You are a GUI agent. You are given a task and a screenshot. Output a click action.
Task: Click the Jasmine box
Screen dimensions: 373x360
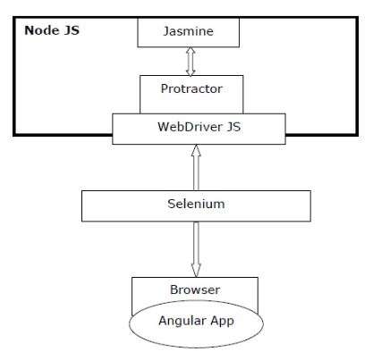pos(188,32)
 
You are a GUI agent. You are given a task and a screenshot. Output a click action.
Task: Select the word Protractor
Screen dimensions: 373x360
pos(191,88)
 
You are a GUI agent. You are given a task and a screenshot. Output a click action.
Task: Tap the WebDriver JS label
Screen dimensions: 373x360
pos(199,127)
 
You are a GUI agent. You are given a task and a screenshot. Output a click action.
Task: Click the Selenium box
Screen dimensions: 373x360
pos(196,205)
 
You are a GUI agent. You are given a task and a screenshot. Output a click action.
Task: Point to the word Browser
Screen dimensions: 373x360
pos(195,289)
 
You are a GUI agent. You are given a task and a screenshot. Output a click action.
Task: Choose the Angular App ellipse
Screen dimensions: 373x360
pos(196,323)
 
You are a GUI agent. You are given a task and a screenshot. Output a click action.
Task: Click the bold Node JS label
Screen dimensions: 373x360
pos(52,30)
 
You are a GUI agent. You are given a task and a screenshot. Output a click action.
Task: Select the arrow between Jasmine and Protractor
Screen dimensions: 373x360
pos(191,62)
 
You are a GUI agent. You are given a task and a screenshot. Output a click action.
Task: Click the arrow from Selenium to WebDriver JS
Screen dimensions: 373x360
pos(196,168)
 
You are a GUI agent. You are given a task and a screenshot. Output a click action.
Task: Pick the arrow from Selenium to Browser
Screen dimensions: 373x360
pos(196,249)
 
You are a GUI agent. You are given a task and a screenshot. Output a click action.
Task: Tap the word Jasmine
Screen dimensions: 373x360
pos(189,31)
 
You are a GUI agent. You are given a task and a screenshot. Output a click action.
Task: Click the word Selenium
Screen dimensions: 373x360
pos(196,204)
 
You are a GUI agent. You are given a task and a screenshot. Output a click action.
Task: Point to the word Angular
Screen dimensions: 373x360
pos(182,321)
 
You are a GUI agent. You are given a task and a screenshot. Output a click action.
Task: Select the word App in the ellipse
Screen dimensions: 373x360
pos(222,322)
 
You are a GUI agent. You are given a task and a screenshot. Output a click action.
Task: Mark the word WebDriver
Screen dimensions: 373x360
pos(190,127)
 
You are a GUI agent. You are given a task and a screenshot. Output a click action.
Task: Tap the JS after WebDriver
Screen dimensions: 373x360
pos(233,127)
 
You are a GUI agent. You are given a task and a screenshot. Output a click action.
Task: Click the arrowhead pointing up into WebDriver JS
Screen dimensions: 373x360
pos(196,150)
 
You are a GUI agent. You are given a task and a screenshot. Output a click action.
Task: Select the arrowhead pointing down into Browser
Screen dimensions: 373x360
pos(196,271)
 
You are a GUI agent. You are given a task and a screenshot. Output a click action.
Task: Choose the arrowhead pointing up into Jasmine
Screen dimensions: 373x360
pos(191,51)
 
